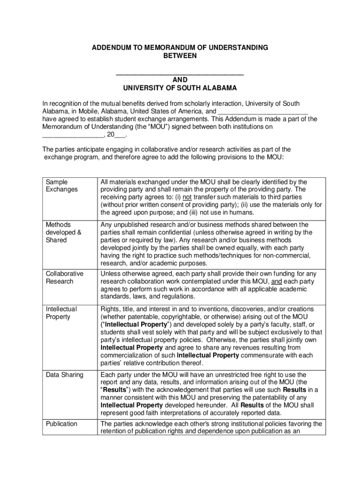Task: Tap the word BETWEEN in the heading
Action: [180, 56]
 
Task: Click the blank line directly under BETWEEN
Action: [180, 73]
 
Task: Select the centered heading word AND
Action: [180, 80]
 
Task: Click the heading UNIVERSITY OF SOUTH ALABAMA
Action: [180, 88]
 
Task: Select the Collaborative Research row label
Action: [65, 277]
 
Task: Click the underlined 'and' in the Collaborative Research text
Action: [277, 282]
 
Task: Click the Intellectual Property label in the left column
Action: [61, 313]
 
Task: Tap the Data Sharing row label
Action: [65, 375]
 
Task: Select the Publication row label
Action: [62, 424]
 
